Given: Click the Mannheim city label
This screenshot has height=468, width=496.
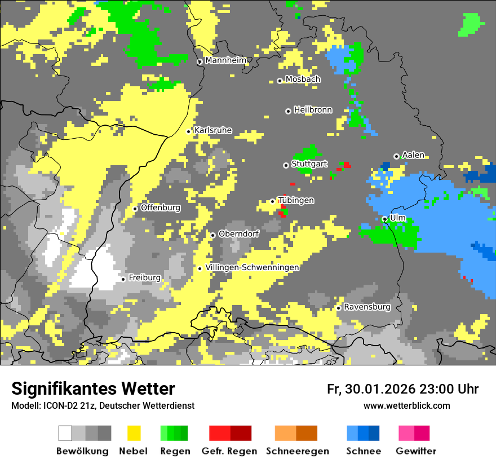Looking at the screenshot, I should coord(225,60).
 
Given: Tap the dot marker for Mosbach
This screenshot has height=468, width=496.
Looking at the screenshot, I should coord(280,81).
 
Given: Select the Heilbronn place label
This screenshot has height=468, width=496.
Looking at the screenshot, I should coord(313,110).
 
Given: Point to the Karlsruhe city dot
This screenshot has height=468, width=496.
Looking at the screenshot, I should coord(189,131).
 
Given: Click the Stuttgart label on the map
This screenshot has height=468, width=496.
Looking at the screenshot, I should coord(309,164).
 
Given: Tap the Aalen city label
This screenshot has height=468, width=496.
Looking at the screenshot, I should coord(413,155).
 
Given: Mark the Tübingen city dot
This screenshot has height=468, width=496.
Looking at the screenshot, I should coord(273,201).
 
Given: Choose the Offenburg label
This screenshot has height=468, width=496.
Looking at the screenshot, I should coord(161,207).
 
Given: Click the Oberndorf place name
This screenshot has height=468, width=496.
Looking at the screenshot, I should coord(238,234).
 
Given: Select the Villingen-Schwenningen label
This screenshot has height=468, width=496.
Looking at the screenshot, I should coord(252,267).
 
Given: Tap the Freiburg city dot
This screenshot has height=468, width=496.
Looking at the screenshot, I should coord(123,279).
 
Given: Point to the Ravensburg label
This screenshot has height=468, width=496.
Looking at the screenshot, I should coord(367,307).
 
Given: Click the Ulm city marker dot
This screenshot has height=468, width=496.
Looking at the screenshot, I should coord(384,219).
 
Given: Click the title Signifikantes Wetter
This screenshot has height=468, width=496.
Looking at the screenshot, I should coord(93,388).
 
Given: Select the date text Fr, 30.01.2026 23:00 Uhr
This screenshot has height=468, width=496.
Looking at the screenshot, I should coord(402,389).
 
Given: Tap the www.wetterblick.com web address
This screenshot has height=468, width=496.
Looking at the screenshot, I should coord(406,405).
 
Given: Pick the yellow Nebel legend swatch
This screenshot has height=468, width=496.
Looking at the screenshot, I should coord(134,433).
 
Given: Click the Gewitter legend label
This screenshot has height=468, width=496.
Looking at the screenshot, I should coord(415,451).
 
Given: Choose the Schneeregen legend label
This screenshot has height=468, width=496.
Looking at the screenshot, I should coord(298,451).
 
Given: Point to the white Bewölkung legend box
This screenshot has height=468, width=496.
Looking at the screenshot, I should coord(65,433).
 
